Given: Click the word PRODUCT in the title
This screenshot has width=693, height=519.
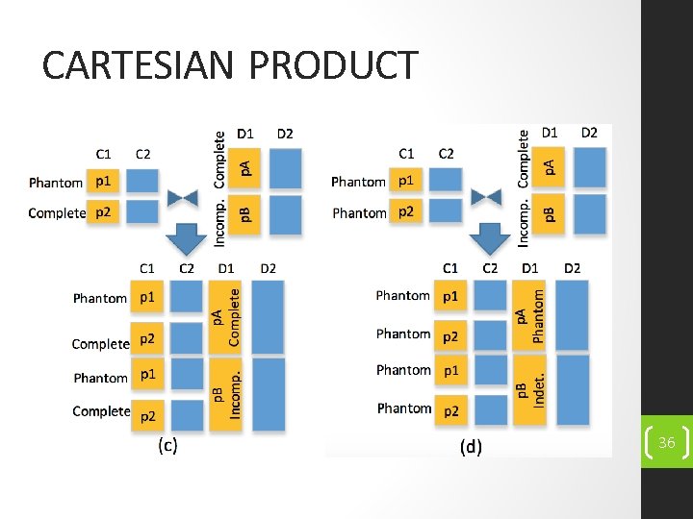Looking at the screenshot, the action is [x=334, y=65].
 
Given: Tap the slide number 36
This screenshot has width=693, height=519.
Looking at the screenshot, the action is [x=666, y=442].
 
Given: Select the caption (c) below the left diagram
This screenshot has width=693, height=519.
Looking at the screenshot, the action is [x=167, y=444].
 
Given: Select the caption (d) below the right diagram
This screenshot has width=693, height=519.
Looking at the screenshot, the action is [x=471, y=446].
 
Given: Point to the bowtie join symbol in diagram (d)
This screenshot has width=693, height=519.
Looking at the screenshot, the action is [x=488, y=196].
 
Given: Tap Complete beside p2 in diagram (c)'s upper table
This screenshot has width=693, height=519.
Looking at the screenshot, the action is [x=57, y=212].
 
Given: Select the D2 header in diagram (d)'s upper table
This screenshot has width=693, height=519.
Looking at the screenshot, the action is [x=589, y=133].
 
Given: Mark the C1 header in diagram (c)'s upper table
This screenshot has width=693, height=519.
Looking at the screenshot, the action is [x=104, y=153].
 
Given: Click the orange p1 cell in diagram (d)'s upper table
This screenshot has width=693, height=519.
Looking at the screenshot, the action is [x=408, y=180].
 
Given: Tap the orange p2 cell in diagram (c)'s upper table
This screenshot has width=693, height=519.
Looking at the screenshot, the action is [x=105, y=212].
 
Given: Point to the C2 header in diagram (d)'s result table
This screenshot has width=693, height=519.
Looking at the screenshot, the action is [x=490, y=267].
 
